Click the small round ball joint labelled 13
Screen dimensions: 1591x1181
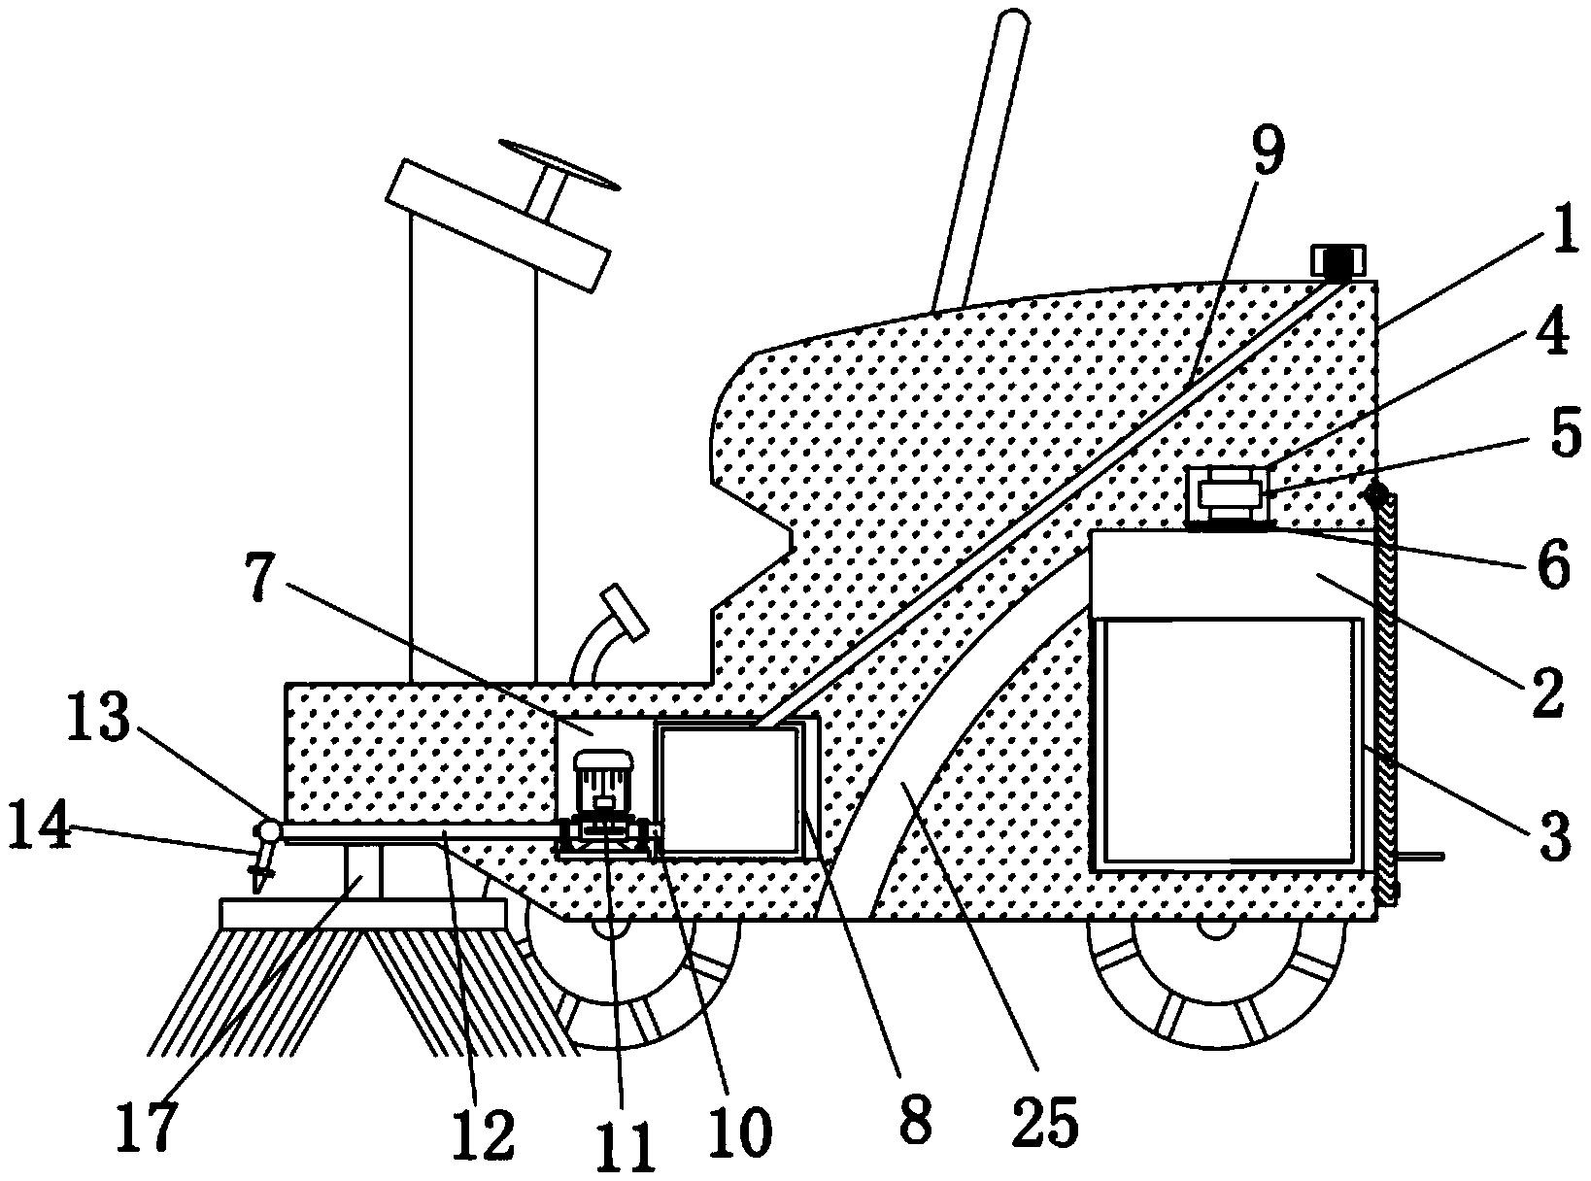click(268, 830)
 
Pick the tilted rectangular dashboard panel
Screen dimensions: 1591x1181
click(497, 225)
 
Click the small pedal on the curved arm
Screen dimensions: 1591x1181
click(624, 611)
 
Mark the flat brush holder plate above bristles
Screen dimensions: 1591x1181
click(363, 914)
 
